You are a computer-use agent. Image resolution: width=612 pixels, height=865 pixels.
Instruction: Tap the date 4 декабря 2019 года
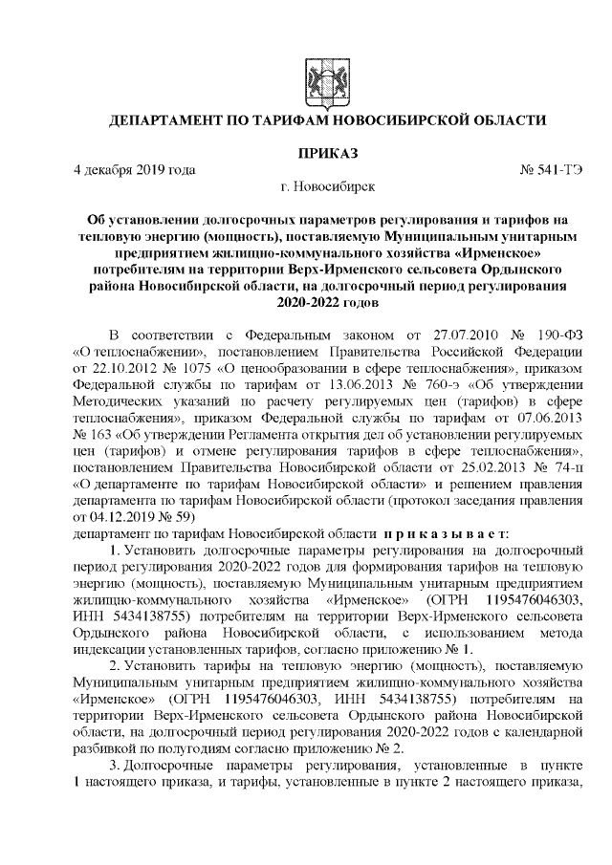tap(135, 170)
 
